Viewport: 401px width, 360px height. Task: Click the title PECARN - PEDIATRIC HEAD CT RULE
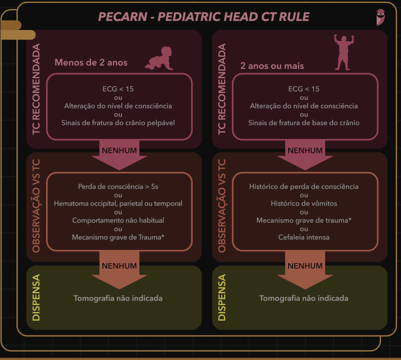204,16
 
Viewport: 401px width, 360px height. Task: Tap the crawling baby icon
159,60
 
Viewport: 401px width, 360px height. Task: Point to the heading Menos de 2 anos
91,62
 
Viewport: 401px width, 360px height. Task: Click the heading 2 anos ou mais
272,66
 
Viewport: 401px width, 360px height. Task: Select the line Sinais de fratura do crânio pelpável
118,123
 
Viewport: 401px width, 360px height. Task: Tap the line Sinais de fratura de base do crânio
304,123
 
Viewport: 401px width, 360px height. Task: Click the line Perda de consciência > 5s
118,187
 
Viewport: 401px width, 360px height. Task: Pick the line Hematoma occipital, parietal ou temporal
118,203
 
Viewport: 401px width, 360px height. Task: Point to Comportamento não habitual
118,220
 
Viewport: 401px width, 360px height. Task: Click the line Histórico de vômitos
304,203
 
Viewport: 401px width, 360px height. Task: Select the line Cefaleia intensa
304,237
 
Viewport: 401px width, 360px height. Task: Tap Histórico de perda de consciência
304,187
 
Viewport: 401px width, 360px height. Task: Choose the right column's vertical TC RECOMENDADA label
222,89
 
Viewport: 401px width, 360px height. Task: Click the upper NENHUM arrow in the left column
119,155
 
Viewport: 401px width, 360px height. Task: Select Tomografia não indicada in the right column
304,298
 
